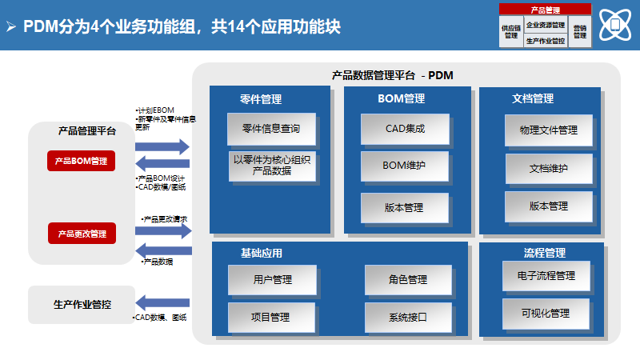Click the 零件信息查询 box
point(270,128)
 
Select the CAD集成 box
point(404,128)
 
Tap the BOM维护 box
point(404,166)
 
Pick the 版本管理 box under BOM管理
point(404,207)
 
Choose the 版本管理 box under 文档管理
point(548,206)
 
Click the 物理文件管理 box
point(548,130)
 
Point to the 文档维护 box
point(548,169)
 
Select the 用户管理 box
point(272,279)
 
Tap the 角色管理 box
point(408,279)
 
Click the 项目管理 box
point(272,317)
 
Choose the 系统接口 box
point(408,317)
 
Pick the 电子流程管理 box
point(546,276)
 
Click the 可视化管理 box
point(546,313)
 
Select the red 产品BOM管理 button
point(81,161)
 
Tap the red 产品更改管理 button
point(81,234)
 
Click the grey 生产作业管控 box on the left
point(82,304)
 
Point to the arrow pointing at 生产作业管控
point(162,302)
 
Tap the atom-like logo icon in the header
point(614,25)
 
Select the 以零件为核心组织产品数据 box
point(270,165)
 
